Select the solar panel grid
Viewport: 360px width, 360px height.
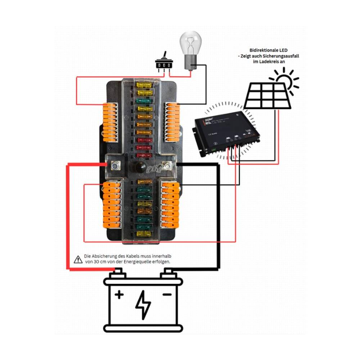coord(268,96)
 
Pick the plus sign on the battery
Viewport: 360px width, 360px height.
coord(119,295)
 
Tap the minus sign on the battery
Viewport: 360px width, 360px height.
coord(167,295)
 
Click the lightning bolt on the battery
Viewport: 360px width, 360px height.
coord(143,305)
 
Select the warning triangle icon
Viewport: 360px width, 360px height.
coord(78,259)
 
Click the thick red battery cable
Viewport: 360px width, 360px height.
coord(67,216)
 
